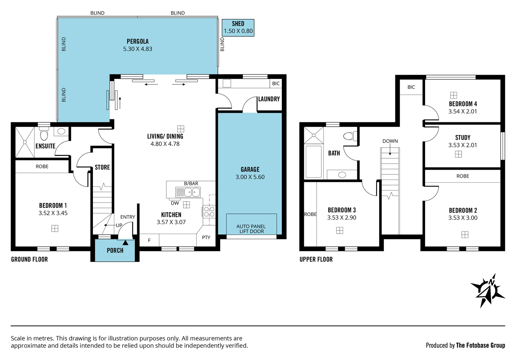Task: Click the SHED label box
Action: coord(238,28)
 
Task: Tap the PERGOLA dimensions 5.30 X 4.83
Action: coord(138,49)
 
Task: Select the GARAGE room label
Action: coord(250,169)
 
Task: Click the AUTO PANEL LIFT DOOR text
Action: coord(251,229)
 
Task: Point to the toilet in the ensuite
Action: coord(44,135)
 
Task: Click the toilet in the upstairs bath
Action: coord(349,136)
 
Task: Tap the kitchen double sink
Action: coord(192,192)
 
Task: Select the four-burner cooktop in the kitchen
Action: coord(209,212)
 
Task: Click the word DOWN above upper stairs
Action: coord(390,141)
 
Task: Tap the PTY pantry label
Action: coord(206,237)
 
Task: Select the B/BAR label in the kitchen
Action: coord(191,184)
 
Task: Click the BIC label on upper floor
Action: coord(411,87)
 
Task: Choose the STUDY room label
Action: coord(462,137)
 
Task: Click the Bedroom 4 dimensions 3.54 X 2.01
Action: coord(462,111)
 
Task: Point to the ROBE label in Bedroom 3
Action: coord(310,214)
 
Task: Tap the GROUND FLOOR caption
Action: coord(29,259)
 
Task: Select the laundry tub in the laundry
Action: coord(227,83)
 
